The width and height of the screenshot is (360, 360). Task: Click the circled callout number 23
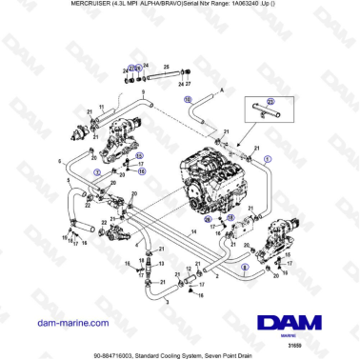pyautogui.click(x=270, y=101)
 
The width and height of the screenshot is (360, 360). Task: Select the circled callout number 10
pyautogui.click(x=188, y=98)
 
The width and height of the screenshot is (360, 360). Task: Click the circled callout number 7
pyautogui.click(x=96, y=171)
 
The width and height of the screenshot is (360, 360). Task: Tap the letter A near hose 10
pyautogui.click(x=221, y=88)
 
